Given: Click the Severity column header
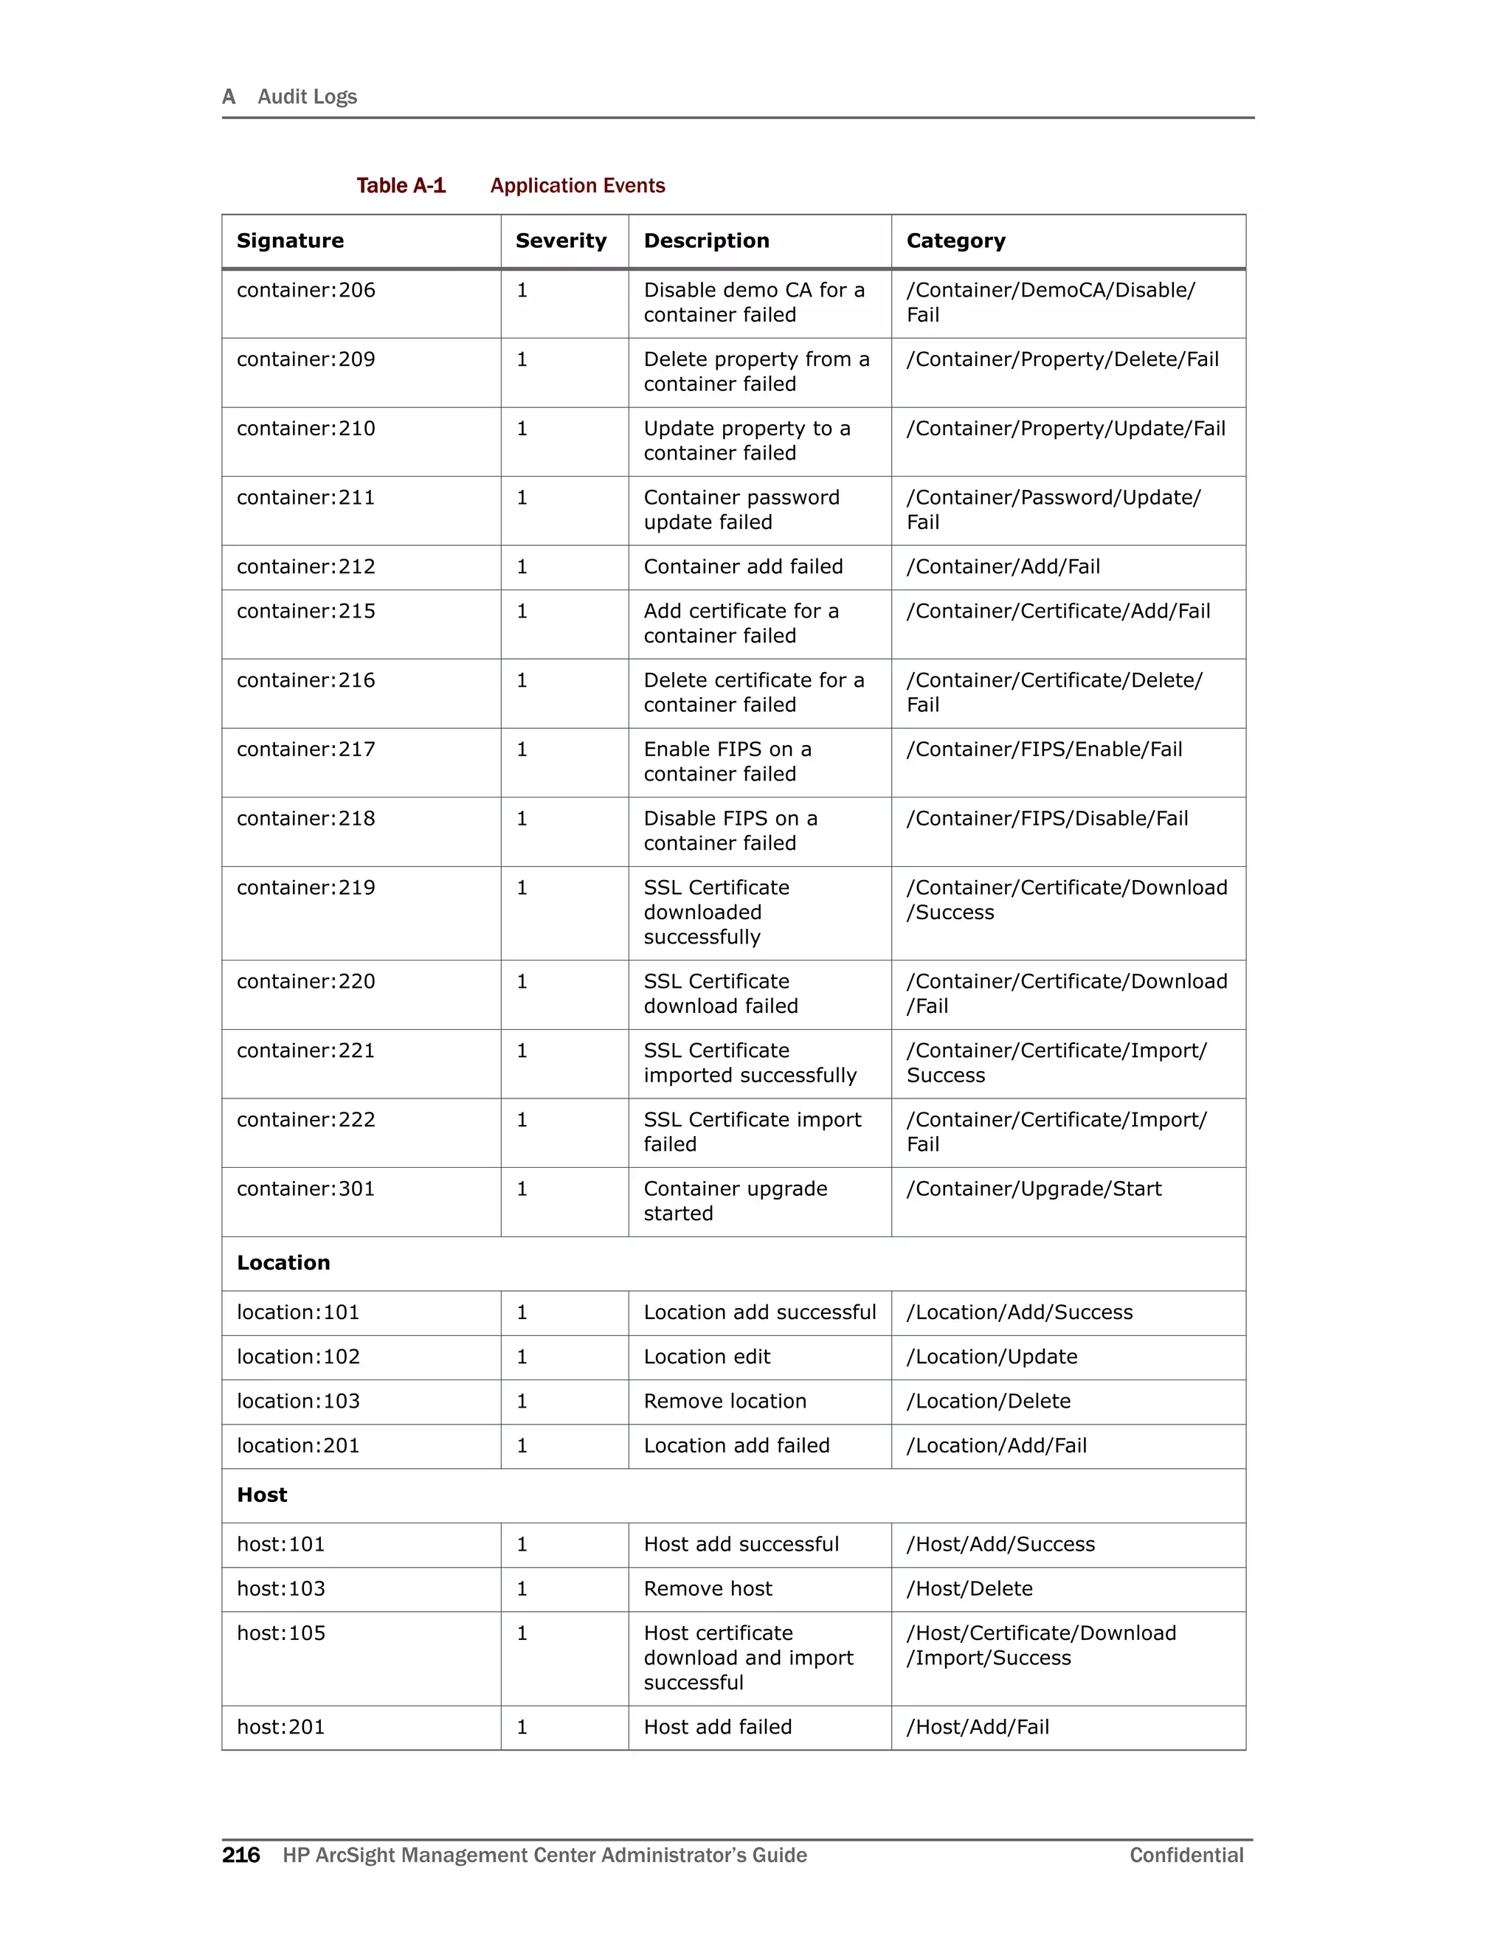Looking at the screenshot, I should (561, 241).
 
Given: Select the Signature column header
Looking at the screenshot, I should (290, 241).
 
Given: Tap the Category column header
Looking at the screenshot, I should (955, 241).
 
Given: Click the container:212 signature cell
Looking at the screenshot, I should (306, 567).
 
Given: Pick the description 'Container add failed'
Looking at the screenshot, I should (743, 567).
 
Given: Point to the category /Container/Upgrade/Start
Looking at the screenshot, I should (1033, 1188).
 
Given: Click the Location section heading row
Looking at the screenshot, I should (284, 1263).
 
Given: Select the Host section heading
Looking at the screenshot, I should (262, 1495).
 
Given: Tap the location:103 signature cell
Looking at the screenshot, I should (298, 1401).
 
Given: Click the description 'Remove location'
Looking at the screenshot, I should (725, 1401).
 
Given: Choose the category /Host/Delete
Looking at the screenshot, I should (969, 1589).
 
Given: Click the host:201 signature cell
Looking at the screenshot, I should (281, 1727).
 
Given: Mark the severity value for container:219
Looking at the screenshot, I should (522, 888).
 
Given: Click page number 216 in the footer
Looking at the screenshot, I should (241, 1855).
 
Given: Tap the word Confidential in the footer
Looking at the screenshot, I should (1186, 1855).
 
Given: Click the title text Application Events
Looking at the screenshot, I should (578, 185).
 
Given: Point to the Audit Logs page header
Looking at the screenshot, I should (306, 97).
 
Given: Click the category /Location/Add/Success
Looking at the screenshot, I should (1020, 1312).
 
